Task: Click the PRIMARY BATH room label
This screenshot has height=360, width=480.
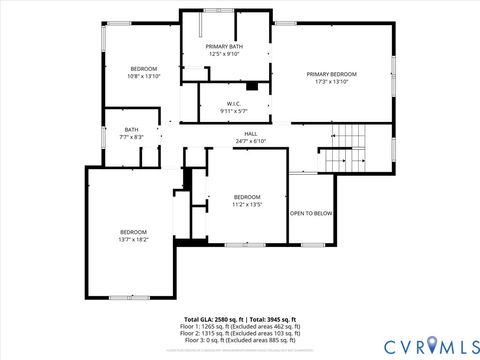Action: click(x=224, y=47)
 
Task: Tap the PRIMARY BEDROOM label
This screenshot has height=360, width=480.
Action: click(x=331, y=74)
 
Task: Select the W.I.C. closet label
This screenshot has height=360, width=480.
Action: click(x=233, y=103)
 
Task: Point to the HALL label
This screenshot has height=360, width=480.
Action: click(x=252, y=134)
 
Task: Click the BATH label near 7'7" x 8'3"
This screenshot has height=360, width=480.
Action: click(x=132, y=129)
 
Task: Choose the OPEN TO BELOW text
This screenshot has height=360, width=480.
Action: click(x=311, y=213)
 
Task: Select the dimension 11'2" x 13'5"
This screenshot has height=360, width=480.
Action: click(x=247, y=204)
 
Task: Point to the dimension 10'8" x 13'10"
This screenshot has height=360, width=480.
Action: click(x=143, y=76)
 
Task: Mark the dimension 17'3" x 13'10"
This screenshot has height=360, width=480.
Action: click(x=331, y=82)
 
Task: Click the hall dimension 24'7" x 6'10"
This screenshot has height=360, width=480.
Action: click(x=252, y=141)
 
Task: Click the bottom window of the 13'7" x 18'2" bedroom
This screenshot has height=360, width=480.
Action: click(x=129, y=297)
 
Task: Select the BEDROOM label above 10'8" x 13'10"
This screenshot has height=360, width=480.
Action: click(x=143, y=68)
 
